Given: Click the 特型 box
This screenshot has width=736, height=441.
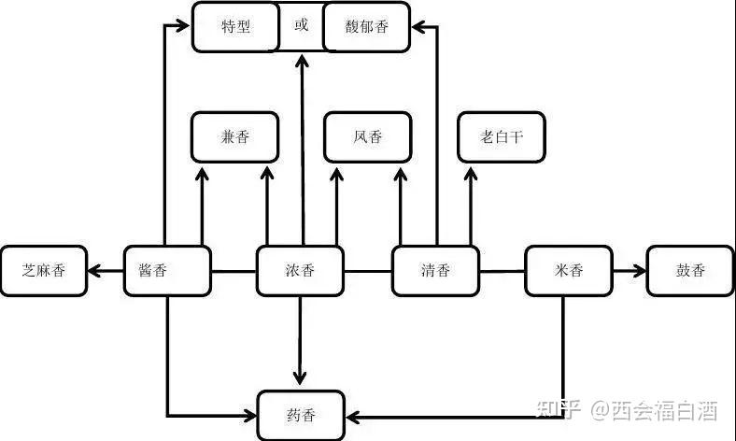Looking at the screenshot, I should (235, 27).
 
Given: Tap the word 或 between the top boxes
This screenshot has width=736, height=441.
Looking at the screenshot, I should (301, 26).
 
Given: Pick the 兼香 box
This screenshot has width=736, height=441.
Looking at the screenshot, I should (234, 137).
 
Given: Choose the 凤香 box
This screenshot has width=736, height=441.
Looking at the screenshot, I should (367, 137).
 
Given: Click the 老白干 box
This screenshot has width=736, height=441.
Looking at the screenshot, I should (501, 137).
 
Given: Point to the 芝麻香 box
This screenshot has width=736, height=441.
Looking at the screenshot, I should (43, 271).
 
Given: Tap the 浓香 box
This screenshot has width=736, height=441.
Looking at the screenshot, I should (300, 271).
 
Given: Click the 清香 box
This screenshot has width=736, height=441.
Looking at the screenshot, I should (435, 271).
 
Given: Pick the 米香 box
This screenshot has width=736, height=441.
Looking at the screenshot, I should (568, 271).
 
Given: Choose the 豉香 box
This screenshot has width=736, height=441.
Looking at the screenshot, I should (690, 271).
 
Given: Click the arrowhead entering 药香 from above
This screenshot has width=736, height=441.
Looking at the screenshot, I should (300, 378).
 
